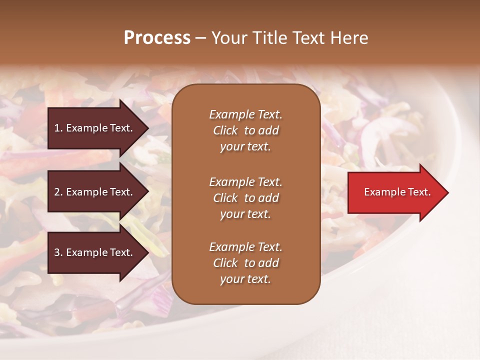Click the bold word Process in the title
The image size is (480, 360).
coord(157,38)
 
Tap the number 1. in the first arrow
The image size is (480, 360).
coord(58,128)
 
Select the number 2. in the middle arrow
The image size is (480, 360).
coord(58,192)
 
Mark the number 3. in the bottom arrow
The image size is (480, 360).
coord(58,252)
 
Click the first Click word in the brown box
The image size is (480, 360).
coord(225,131)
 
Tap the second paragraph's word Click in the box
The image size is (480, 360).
coord(225,198)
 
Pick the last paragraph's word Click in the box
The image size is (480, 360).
coord(225,263)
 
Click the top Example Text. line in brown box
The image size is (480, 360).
coord(245,114)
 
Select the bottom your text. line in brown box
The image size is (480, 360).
coord(245,279)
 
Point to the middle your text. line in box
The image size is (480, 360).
coord(245,214)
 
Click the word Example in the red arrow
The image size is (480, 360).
coord(382,192)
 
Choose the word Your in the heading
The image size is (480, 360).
coord(227,38)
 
